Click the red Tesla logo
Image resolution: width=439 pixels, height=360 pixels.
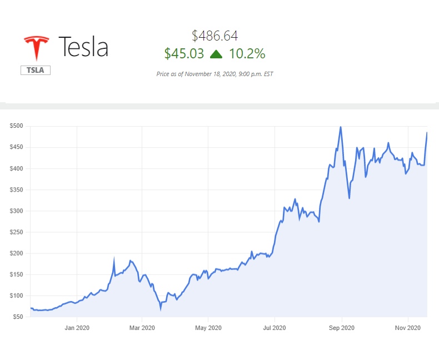(x=36, y=48)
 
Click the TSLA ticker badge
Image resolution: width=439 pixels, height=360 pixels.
(x=36, y=71)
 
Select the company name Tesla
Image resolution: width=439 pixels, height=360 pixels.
(x=83, y=47)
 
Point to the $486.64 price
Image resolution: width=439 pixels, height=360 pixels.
(x=214, y=36)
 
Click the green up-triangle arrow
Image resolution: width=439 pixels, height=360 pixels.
(x=216, y=53)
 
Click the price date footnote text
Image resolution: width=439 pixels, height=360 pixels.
(x=214, y=73)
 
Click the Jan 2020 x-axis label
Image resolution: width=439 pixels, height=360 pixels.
(x=77, y=328)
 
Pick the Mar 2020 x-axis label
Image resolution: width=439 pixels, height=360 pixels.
(x=142, y=328)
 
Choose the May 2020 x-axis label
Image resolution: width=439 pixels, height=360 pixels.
(x=208, y=328)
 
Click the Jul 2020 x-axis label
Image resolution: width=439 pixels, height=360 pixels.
(x=275, y=328)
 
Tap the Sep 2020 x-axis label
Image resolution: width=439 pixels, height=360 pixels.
(x=341, y=328)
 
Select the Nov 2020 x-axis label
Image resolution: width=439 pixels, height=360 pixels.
(x=408, y=328)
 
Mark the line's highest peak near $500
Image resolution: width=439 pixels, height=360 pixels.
(x=341, y=127)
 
